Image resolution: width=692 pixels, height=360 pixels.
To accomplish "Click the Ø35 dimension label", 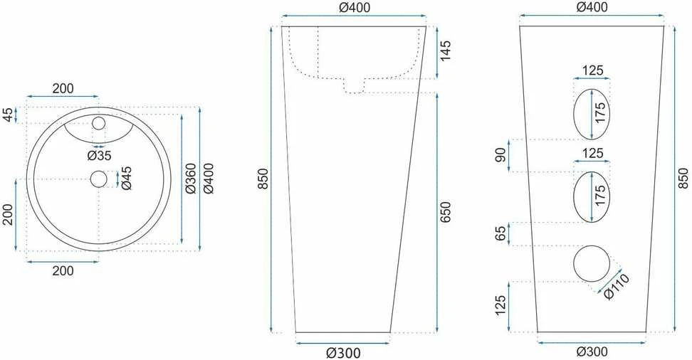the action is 99,155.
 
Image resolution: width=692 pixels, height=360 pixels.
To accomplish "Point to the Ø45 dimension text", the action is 126,179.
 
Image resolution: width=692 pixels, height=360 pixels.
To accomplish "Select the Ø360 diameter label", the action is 191,179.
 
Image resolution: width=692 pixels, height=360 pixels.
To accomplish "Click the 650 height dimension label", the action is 446,212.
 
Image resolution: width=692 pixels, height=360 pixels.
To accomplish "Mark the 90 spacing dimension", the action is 501,155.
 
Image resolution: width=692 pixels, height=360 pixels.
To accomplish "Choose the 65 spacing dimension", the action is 501,234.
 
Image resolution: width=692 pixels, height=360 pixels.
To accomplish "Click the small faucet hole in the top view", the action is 98,124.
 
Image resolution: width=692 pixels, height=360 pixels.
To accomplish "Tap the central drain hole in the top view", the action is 98,179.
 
